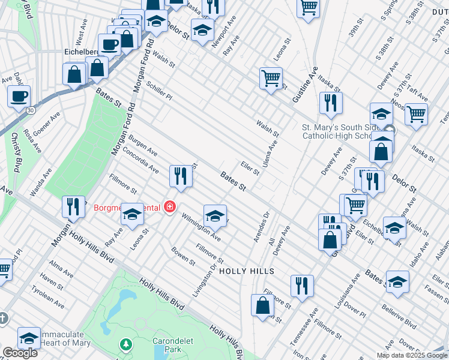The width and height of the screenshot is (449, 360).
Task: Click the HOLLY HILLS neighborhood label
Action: tap(246, 271)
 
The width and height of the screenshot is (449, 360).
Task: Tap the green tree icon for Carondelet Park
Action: tap(125, 344)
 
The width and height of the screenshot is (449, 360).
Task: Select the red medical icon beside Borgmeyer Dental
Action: tap(170, 208)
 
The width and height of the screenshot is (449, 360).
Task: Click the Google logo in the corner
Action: tap(19, 352)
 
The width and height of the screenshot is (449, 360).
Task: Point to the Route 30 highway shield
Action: tap(30, 110)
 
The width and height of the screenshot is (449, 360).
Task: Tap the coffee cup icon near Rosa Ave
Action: tap(18, 96)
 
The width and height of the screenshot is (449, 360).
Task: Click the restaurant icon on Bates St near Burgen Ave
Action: tap(179, 175)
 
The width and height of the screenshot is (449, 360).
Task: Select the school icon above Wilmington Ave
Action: tap(215, 215)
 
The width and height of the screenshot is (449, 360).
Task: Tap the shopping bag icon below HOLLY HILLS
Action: tap(262, 305)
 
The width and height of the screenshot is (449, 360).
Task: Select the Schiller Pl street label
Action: tap(158, 92)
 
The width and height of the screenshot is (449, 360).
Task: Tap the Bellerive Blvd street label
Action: tap(399, 316)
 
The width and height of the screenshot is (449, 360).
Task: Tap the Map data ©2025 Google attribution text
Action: tap(411, 355)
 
